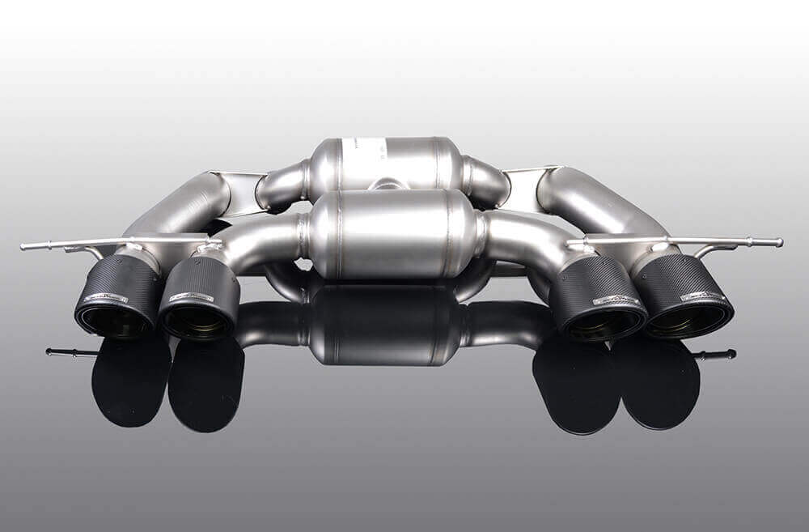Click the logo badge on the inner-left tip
click(x=193, y=297)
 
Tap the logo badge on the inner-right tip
click(x=616, y=300)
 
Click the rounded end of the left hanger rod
click(x=25, y=246)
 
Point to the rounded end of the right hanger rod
click(x=778, y=242)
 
